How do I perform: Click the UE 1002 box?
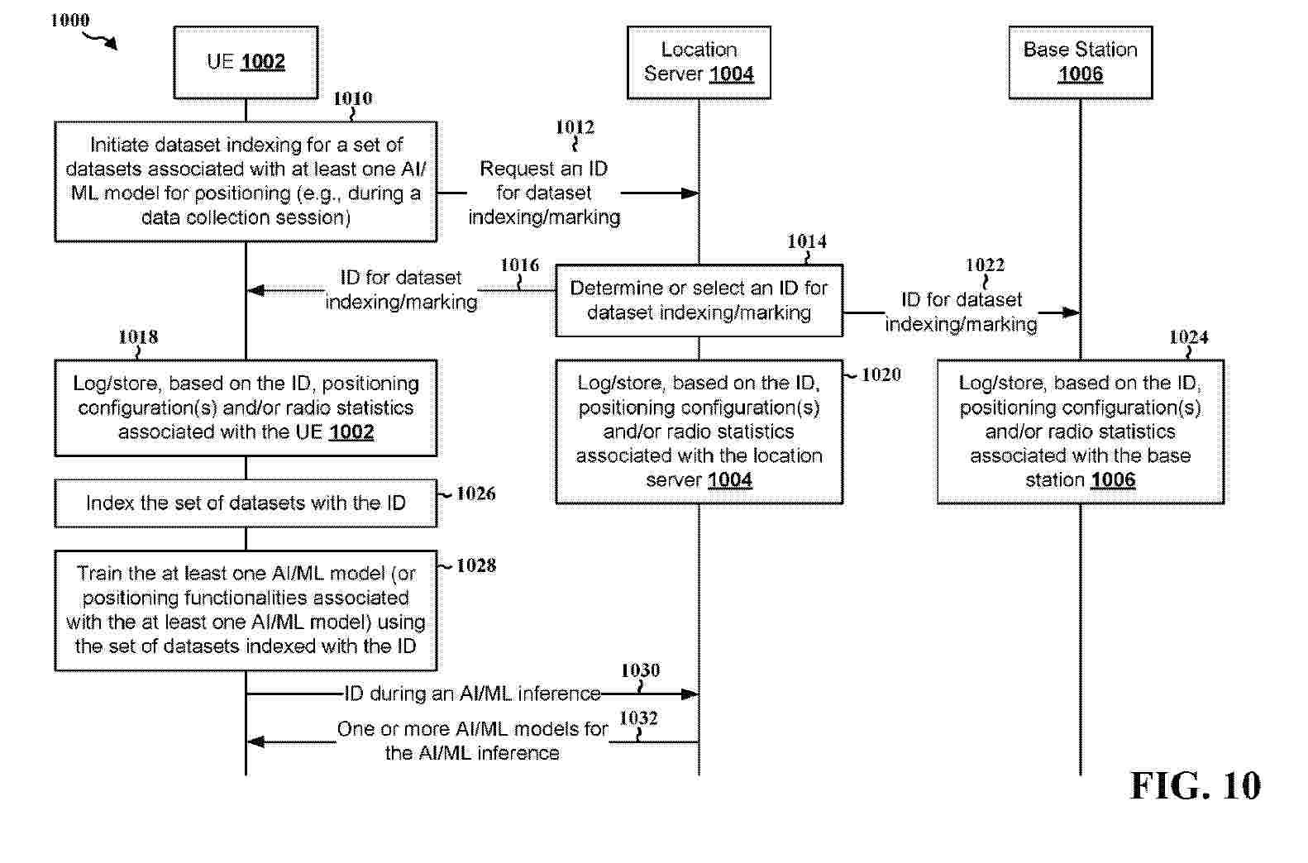[x=246, y=63]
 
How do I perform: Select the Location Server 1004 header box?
[x=699, y=63]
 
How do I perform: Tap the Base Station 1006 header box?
[x=1080, y=63]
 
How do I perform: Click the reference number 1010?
[x=352, y=98]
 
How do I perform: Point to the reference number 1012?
[x=575, y=126]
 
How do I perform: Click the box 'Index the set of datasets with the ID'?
[x=246, y=503]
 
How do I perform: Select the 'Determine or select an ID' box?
[x=699, y=300]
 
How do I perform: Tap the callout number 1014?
[x=806, y=241]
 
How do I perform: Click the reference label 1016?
[x=519, y=265]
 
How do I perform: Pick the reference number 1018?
[x=138, y=336]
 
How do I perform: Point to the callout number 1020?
[x=881, y=374]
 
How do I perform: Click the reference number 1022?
[x=985, y=265]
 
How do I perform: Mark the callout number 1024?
[x=1188, y=336]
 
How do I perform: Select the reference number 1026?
[x=475, y=493]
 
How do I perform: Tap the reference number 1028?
[x=475, y=565]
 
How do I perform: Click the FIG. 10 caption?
[x=1195, y=785]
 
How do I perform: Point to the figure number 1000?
[x=70, y=20]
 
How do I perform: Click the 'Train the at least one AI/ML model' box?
[x=246, y=610]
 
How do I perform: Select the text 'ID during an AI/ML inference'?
[x=472, y=694]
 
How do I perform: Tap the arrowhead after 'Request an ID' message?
[x=690, y=193]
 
